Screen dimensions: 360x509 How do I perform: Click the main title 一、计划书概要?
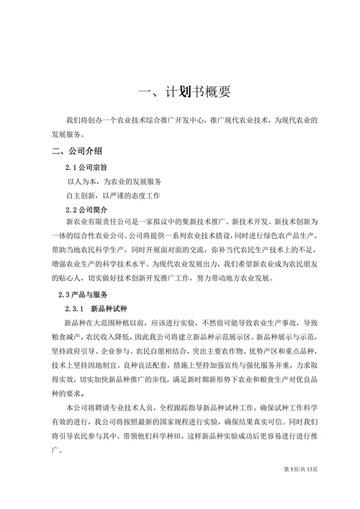tap(184, 93)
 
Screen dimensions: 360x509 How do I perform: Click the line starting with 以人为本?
tap(114, 181)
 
